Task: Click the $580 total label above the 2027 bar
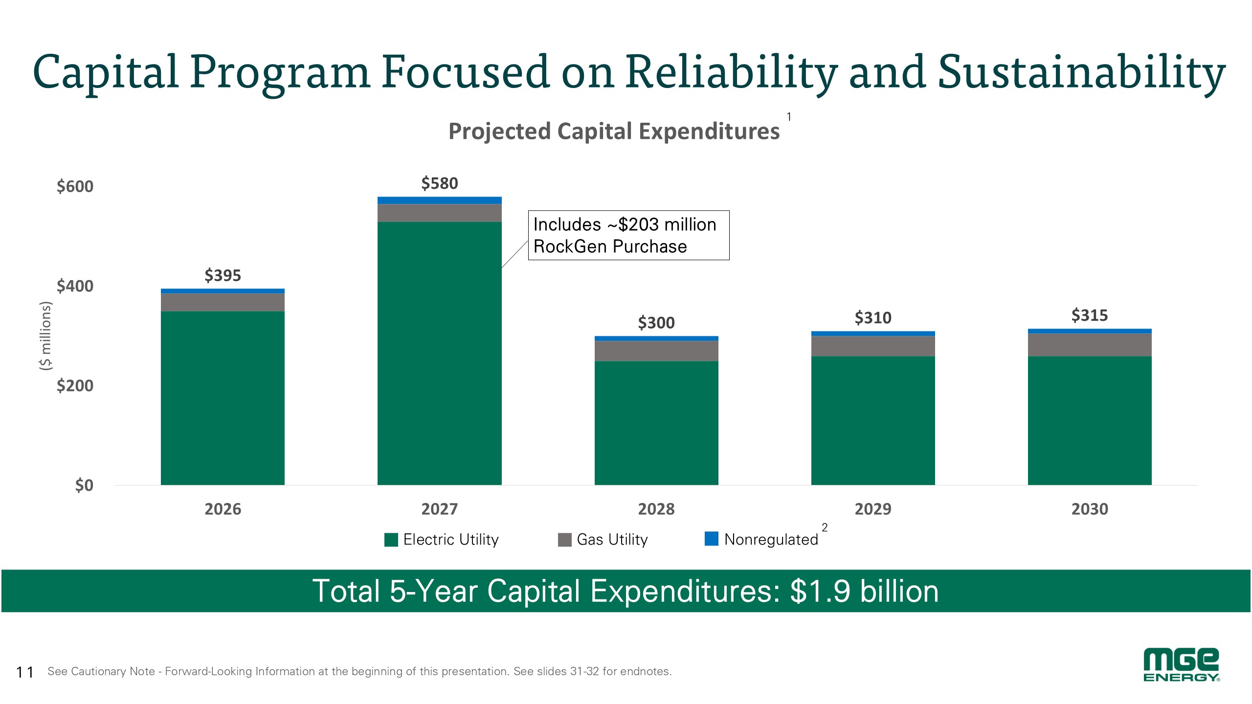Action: pyautogui.click(x=440, y=183)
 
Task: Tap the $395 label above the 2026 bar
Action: pyautogui.click(x=223, y=275)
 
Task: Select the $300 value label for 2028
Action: pyautogui.click(x=656, y=323)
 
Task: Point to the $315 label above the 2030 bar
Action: pyautogui.click(x=1090, y=315)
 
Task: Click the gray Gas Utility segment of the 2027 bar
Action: pyautogui.click(x=440, y=213)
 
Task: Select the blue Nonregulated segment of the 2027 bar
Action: pyautogui.click(x=440, y=200)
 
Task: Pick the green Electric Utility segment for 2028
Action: pyautogui.click(x=656, y=423)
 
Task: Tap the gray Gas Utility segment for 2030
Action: pyautogui.click(x=1090, y=345)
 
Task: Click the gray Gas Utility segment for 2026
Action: pyautogui.click(x=223, y=302)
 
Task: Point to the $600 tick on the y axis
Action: pyautogui.click(x=75, y=186)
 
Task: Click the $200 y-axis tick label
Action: pyautogui.click(x=75, y=386)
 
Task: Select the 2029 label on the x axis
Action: pyautogui.click(x=873, y=509)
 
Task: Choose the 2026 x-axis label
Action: pyautogui.click(x=223, y=509)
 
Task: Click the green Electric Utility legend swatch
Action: pyautogui.click(x=391, y=540)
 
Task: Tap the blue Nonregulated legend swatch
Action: pyautogui.click(x=712, y=539)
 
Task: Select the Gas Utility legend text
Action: pyautogui.click(x=612, y=539)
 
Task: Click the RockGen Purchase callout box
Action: pyautogui.click(x=629, y=235)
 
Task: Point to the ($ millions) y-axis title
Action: pyautogui.click(x=45, y=336)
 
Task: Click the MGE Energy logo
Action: pyautogui.click(x=1181, y=665)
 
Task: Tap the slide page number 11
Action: pyautogui.click(x=25, y=672)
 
